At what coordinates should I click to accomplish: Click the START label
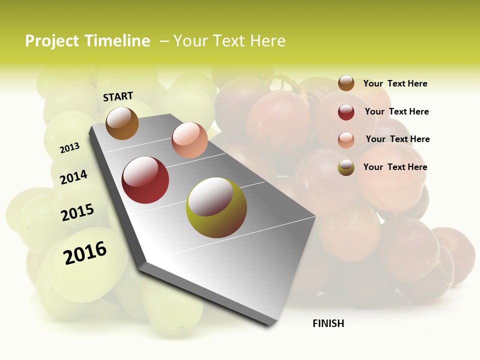tap(118, 96)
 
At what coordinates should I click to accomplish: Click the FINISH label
tap(328, 323)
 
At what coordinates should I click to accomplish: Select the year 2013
tap(69, 148)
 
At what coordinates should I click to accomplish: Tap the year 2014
tap(74, 177)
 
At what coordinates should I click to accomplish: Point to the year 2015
tap(77, 212)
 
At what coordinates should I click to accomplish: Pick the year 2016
tap(85, 253)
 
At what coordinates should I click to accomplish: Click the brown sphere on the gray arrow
tap(122, 123)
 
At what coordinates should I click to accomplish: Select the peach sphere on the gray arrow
tap(189, 140)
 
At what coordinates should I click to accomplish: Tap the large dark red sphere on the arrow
tap(145, 180)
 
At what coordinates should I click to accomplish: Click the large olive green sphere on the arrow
tap(216, 207)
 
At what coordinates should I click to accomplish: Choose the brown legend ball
tap(346, 83)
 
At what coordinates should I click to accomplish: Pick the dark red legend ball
tap(346, 112)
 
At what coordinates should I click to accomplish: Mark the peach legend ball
tap(346, 140)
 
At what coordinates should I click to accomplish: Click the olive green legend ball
tap(346, 167)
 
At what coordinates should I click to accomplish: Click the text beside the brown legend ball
tap(395, 83)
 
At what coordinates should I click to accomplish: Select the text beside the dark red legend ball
tap(396, 111)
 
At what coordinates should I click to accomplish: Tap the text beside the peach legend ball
tap(397, 139)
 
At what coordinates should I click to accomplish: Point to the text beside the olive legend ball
tap(395, 167)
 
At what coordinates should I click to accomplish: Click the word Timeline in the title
tap(117, 41)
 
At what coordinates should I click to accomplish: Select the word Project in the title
tap(52, 41)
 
